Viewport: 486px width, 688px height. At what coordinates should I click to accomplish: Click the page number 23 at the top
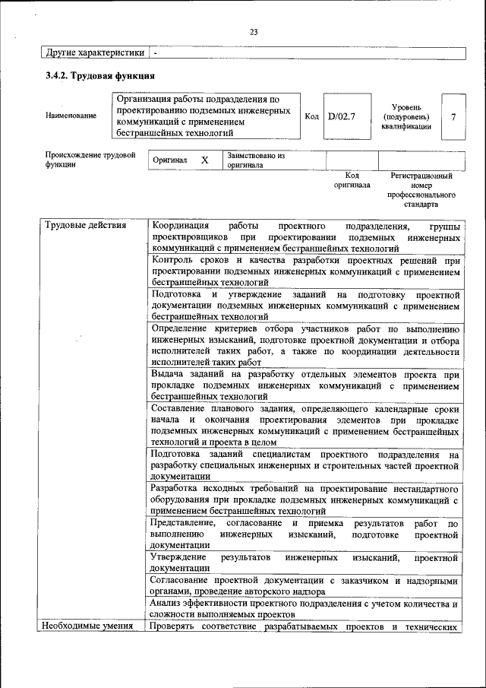254,32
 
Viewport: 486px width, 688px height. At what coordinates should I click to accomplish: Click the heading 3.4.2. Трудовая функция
100,76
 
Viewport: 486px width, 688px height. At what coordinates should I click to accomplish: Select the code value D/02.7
341,116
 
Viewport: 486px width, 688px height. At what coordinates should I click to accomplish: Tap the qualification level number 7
453,116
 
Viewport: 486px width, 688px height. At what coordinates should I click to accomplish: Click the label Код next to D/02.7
311,116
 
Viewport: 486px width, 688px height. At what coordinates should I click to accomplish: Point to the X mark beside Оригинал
204,160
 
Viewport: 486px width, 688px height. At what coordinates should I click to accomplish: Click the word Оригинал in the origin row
170,161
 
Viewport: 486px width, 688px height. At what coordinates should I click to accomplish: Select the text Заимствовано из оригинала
255,160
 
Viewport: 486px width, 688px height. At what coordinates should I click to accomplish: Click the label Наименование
71,116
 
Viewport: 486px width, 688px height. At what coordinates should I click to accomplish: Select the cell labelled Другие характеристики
94,53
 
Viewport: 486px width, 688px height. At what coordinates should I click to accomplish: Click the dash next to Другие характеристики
156,53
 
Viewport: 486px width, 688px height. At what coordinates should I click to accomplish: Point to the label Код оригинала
352,179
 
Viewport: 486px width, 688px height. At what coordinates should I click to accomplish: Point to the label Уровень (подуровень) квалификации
406,117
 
